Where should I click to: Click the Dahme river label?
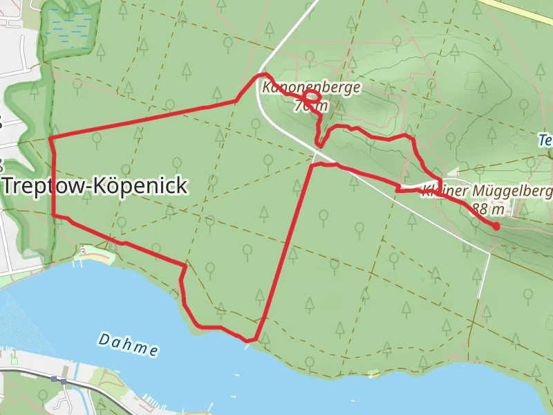pos(128,344)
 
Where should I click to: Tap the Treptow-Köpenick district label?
pos(95,186)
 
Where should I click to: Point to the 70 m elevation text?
pos(311,106)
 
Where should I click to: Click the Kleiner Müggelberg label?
pos(487,191)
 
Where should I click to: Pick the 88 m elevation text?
pos(487,208)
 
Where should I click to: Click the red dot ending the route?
pos(496,226)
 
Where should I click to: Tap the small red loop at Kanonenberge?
pos(312,99)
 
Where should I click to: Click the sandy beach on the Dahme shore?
pos(97,258)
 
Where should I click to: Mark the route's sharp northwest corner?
pos(51,139)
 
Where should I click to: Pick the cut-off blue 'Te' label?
pos(545,141)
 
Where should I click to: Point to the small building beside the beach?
pos(83,249)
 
